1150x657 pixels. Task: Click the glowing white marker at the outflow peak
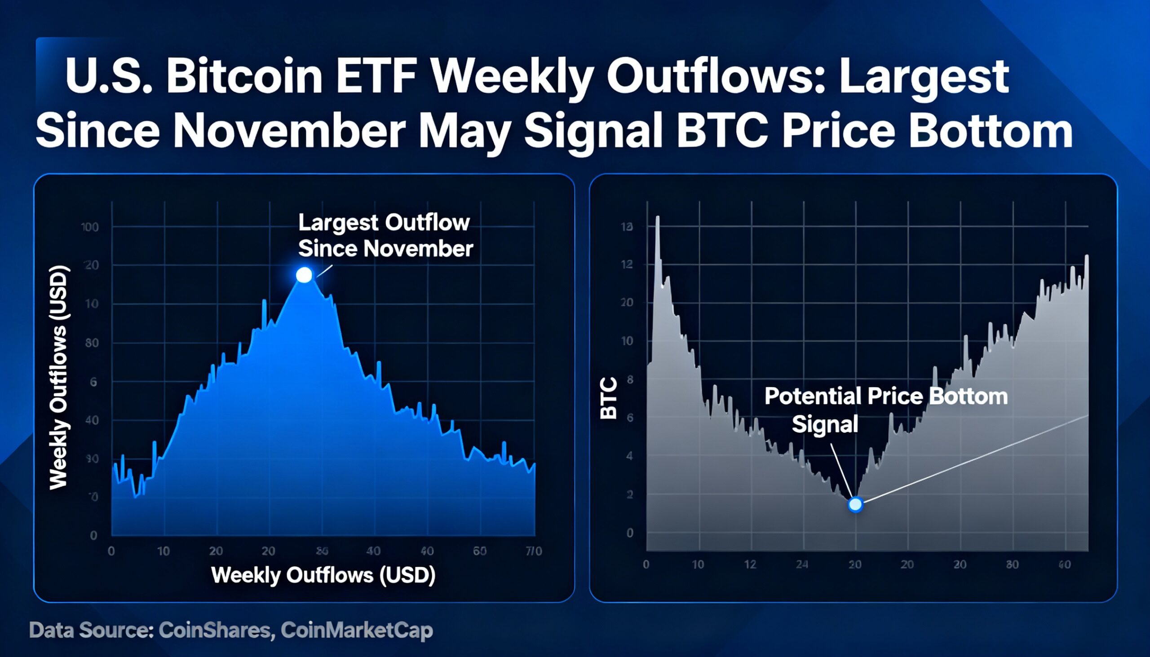(304, 275)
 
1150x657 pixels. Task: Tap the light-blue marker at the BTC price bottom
(855, 504)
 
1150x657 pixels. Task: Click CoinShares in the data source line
(216, 631)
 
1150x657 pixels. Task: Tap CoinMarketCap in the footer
(357, 631)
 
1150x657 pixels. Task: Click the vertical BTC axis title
(609, 398)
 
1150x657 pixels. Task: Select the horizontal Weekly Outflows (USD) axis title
(323, 575)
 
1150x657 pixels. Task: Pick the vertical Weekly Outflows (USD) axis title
(59, 378)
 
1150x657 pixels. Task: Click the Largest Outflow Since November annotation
(385, 236)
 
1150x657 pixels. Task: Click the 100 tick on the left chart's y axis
(90, 227)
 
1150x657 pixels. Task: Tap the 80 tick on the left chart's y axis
(92, 343)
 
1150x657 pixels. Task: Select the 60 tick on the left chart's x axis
(479, 551)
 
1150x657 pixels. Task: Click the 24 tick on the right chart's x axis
(802, 564)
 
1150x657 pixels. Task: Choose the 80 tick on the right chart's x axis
(1012, 564)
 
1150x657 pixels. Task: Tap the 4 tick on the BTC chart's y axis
(630, 456)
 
